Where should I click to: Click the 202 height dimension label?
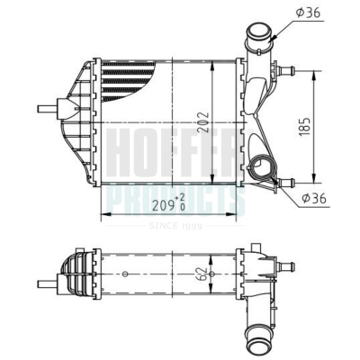point(203,122)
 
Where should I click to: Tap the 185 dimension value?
point(304,127)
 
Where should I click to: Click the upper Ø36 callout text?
point(308,13)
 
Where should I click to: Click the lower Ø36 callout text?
point(314,198)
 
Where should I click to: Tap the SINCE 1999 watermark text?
point(175,226)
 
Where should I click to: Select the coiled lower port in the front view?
point(262,168)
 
